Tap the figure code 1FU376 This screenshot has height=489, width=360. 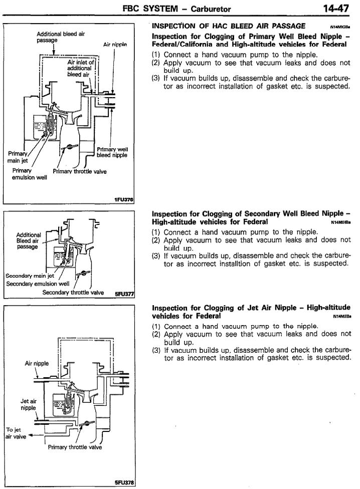point(123,200)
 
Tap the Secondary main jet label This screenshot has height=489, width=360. point(26,275)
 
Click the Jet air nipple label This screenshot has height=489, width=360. point(28,404)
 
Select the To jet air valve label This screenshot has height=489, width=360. point(12,433)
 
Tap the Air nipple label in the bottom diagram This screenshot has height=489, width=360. point(37,364)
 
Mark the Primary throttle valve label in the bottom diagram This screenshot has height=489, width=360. point(75,447)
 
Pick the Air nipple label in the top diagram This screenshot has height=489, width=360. point(115,44)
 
